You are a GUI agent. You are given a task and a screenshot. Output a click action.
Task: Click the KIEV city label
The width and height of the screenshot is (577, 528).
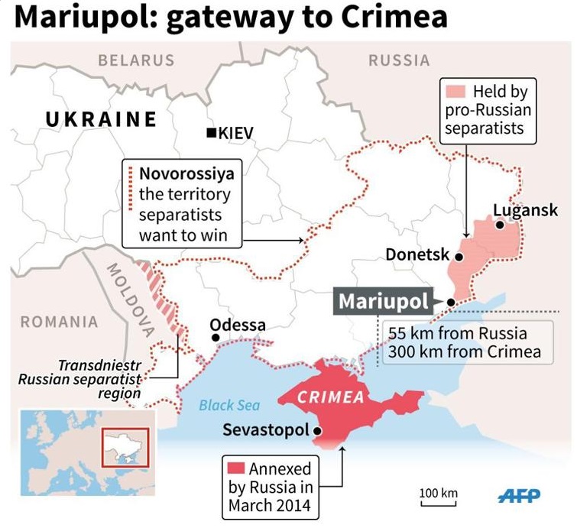(x=235, y=134)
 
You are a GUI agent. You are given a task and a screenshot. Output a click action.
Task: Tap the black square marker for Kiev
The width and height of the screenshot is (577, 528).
(x=212, y=134)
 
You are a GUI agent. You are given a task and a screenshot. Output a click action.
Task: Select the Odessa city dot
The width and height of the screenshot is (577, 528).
(x=216, y=337)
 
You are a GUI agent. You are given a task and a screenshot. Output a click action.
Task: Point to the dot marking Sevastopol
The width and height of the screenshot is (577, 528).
(x=318, y=431)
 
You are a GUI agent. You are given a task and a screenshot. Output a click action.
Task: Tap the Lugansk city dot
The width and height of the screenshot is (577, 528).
(x=499, y=225)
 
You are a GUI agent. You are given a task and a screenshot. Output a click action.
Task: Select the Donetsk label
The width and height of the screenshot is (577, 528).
(x=417, y=254)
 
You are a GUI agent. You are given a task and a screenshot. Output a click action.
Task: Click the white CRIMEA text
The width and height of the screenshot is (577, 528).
(x=331, y=397)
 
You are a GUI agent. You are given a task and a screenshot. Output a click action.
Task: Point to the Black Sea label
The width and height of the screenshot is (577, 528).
(x=229, y=406)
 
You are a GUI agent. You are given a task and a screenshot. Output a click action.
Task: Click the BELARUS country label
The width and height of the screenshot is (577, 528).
(x=136, y=60)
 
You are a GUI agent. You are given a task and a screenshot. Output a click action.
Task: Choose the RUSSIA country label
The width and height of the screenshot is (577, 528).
(x=398, y=60)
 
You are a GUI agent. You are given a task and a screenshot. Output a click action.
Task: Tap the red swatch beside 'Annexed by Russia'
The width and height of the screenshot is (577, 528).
(x=235, y=468)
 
